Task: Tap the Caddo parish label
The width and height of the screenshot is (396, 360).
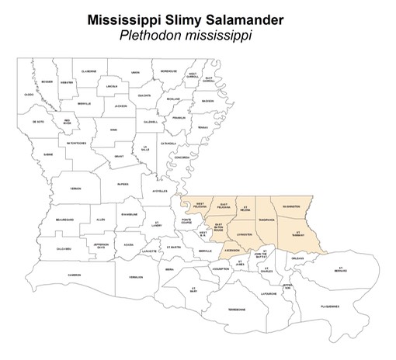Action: (x=29, y=95)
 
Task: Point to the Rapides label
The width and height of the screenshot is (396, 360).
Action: (x=123, y=184)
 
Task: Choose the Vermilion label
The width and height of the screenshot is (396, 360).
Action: (x=136, y=277)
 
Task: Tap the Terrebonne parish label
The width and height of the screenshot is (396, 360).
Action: (x=236, y=310)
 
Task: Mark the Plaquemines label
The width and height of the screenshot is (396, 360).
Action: (x=329, y=306)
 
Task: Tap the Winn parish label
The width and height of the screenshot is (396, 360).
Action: (x=113, y=130)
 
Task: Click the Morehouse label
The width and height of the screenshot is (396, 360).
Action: (x=169, y=72)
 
